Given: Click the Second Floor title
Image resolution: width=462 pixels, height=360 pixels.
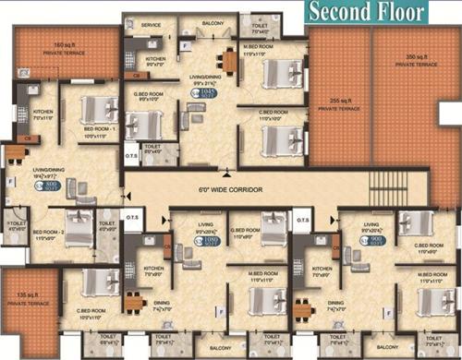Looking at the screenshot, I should (x=367, y=13).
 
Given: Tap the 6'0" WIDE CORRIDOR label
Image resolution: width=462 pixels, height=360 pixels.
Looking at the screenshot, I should (x=232, y=189).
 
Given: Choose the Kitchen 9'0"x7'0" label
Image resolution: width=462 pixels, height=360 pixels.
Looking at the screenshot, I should (x=154, y=62).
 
